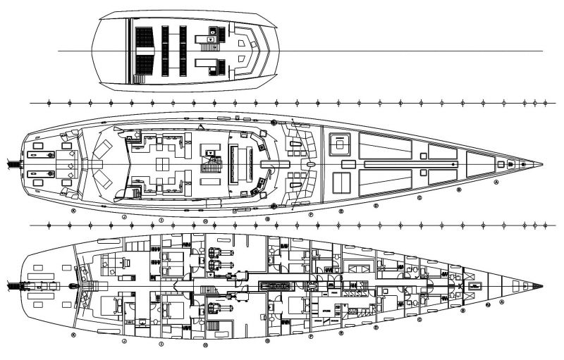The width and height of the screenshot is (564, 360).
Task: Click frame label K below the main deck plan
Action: pos(73,210)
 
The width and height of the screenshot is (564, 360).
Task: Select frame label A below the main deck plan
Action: pos(496,181)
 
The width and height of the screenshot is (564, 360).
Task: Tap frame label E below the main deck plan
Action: pos(341,211)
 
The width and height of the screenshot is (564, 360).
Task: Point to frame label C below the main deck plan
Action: pos(419,198)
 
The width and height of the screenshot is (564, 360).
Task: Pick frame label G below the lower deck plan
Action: pos(267,342)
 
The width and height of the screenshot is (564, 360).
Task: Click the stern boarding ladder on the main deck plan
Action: pos(12,165)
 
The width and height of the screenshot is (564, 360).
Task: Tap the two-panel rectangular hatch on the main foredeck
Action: pos(341,181)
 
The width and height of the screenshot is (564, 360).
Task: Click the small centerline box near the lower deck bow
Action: pos(475,286)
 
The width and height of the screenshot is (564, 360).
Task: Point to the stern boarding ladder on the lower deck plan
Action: pos(12,286)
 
